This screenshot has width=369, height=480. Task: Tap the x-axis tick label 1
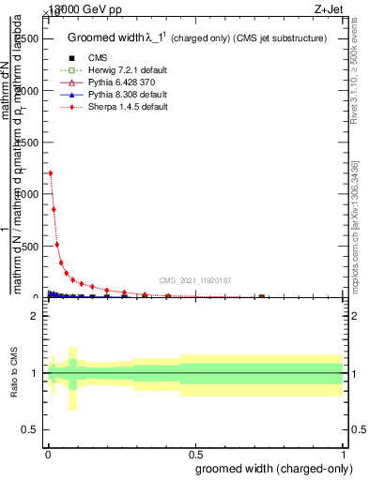pyautogui.click(x=346, y=454)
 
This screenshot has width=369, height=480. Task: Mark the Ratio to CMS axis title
pyautogui.click(x=14, y=374)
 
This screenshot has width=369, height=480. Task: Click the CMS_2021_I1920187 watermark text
pyautogui.click(x=194, y=280)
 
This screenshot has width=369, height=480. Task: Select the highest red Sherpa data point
pyautogui.click(x=50, y=173)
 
